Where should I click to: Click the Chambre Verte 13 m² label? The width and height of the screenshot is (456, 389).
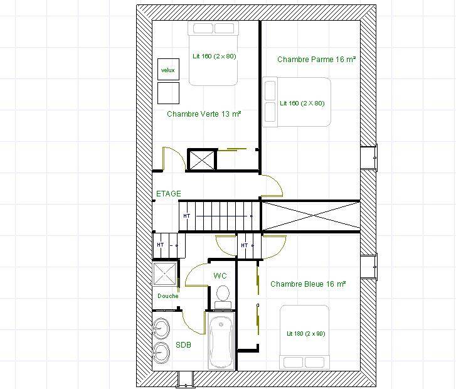[204, 114]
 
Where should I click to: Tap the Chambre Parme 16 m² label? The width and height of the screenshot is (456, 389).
[316, 60]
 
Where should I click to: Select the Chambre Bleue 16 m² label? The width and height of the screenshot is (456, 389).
[308, 284]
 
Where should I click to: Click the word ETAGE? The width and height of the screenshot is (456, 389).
[169, 193]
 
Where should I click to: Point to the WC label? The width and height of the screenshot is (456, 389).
[220, 275]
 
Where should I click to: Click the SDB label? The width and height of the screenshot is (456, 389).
[184, 345]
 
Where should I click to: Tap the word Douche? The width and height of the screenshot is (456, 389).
[168, 296]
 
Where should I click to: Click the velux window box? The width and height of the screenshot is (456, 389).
[168, 69]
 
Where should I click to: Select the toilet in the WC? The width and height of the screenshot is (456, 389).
[223, 297]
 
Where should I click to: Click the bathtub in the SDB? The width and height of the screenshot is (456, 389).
[221, 341]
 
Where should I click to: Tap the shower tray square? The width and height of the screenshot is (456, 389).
[165, 274]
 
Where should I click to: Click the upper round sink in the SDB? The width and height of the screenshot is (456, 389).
[161, 329]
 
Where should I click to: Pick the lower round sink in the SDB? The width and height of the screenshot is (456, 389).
[161, 353]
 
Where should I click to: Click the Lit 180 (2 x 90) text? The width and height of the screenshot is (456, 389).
[305, 333]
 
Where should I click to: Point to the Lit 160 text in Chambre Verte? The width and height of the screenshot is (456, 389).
[215, 56]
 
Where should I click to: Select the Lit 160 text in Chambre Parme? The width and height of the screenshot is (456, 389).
[302, 103]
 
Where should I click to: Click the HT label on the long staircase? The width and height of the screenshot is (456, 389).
[187, 216]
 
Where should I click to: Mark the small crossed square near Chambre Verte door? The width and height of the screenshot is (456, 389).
[202, 159]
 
